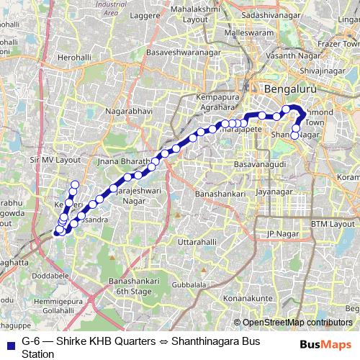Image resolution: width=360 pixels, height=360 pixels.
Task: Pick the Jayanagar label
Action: [278, 192]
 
